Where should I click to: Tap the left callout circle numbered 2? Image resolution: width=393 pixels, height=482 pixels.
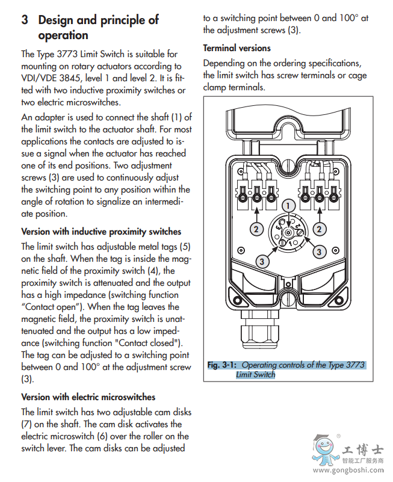(256, 229)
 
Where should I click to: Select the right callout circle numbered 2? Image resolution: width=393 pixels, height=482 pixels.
(320, 229)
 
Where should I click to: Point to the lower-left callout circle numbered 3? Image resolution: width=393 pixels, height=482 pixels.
(261, 261)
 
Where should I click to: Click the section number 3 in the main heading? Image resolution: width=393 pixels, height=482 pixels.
(25, 20)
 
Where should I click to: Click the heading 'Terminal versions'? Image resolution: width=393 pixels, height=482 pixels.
(237, 48)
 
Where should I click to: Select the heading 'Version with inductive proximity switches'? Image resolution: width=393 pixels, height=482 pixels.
(101, 232)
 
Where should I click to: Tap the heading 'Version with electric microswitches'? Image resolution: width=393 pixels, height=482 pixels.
(88, 397)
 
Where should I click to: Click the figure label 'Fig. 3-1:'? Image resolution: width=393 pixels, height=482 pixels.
(222, 365)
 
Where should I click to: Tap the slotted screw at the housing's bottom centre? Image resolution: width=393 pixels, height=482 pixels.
(288, 298)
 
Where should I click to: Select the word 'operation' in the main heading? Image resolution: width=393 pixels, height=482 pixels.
(63, 36)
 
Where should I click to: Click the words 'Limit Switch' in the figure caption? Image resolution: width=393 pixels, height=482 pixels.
(255, 374)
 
